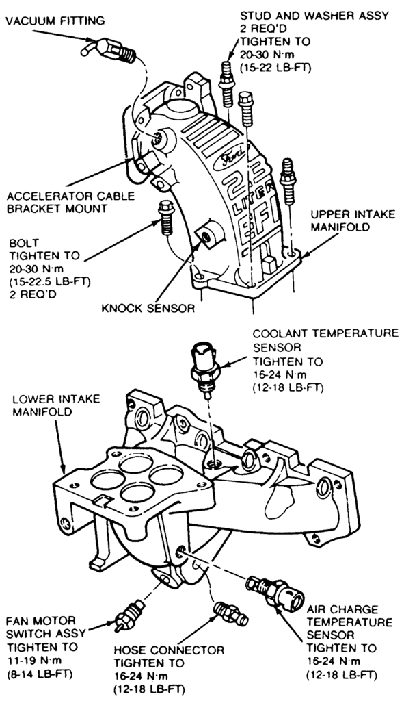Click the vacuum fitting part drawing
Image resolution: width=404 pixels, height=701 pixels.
coord(109,49)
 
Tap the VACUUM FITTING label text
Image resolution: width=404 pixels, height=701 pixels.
coord(55,20)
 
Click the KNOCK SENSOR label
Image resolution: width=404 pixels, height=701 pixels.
coord(148,308)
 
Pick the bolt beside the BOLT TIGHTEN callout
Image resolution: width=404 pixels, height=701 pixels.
coord(167,219)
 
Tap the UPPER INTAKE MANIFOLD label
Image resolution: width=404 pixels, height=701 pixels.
coord(353,220)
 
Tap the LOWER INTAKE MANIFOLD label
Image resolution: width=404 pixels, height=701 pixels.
coord(56,405)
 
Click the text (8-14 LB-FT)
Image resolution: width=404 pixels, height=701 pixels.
coord(40,673)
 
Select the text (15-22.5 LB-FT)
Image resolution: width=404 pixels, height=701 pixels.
coord(50,281)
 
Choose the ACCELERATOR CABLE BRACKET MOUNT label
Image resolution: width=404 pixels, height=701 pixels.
coord(70,202)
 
